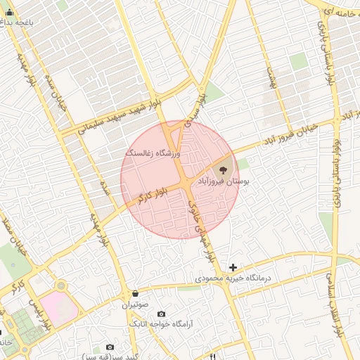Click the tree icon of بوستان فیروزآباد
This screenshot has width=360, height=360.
pyautogui.click(x=224, y=169)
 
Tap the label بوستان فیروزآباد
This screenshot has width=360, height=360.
pyautogui.click(x=224, y=181)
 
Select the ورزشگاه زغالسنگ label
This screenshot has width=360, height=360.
pyautogui.click(x=153, y=153)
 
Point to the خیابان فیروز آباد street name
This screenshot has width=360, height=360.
pyautogui.click(x=290, y=132)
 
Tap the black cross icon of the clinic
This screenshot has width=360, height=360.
pyautogui.click(x=233, y=267)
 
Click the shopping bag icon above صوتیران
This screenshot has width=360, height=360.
pyautogui.click(x=135, y=293)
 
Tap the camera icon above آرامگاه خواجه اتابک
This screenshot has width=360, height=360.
pyautogui.click(x=162, y=314)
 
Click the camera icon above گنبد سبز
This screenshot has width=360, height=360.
pyautogui.click(x=110, y=347)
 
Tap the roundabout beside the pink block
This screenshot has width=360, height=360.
pyautogui.click(x=61, y=286)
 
